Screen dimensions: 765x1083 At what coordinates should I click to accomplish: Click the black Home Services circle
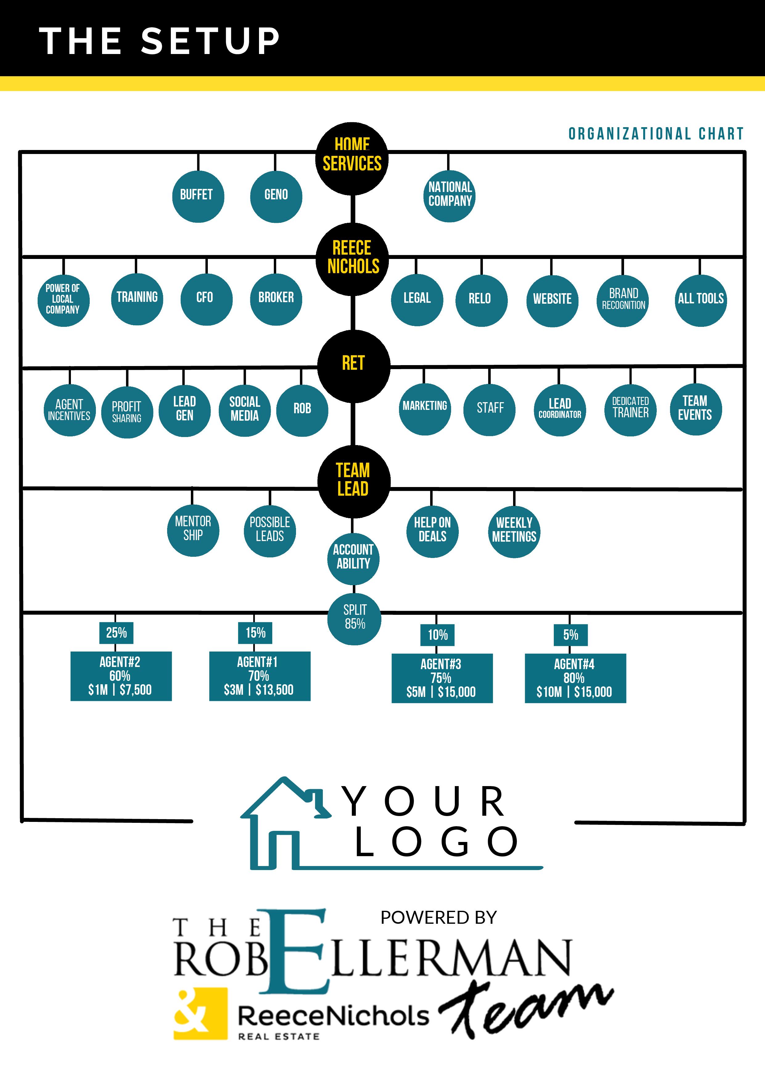pos(352,159)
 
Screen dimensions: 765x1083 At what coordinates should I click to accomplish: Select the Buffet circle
pos(198,196)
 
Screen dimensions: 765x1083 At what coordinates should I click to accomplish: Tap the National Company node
pos(449,196)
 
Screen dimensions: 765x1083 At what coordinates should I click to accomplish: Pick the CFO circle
pos(206,298)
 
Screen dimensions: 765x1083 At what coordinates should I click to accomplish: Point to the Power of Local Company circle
pos(63,300)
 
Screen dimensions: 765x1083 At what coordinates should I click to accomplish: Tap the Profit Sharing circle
pos(127,412)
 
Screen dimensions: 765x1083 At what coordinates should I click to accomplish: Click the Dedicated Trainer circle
pos(630,409)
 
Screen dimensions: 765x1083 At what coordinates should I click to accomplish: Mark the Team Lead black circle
pos(353,481)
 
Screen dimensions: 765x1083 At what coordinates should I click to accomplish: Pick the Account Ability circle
pos(353,558)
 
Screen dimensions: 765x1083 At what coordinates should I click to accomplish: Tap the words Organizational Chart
pos(656,134)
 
